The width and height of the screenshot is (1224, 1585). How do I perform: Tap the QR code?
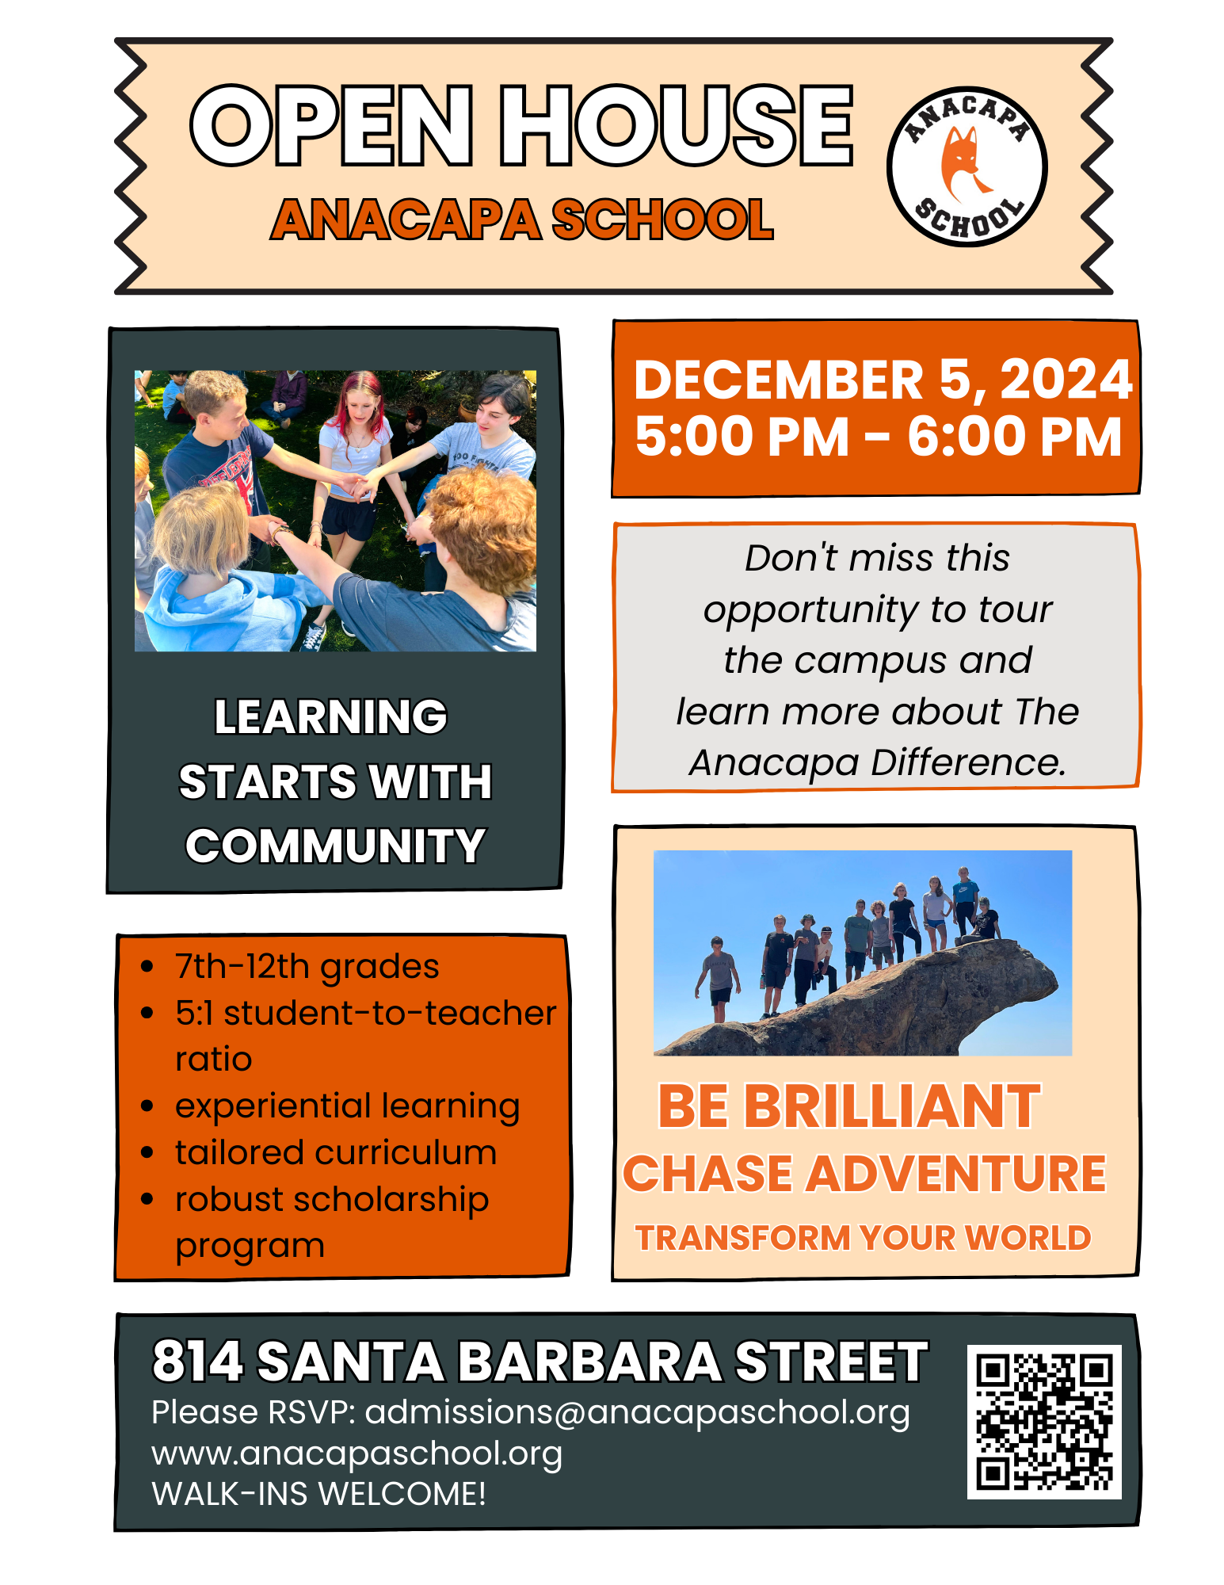coord(1044,1421)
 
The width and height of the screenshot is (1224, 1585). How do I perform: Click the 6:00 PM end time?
coord(1015,437)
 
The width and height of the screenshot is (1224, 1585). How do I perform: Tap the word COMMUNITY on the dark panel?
coord(335,846)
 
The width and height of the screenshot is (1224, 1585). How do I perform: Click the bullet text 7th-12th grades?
coord(307,967)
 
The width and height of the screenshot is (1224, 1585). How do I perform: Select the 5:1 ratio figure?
coord(194,1013)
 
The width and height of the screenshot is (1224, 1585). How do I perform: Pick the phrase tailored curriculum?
coord(336,1152)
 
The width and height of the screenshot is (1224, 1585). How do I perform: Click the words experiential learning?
coord(347,1107)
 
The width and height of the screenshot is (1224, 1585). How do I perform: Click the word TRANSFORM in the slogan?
coord(742,1238)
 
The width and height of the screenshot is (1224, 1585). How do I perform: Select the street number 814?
coord(197,1362)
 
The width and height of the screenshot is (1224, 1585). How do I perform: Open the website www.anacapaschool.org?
coord(357,1454)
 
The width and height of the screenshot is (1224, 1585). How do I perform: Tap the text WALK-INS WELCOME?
coord(318,1494)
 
